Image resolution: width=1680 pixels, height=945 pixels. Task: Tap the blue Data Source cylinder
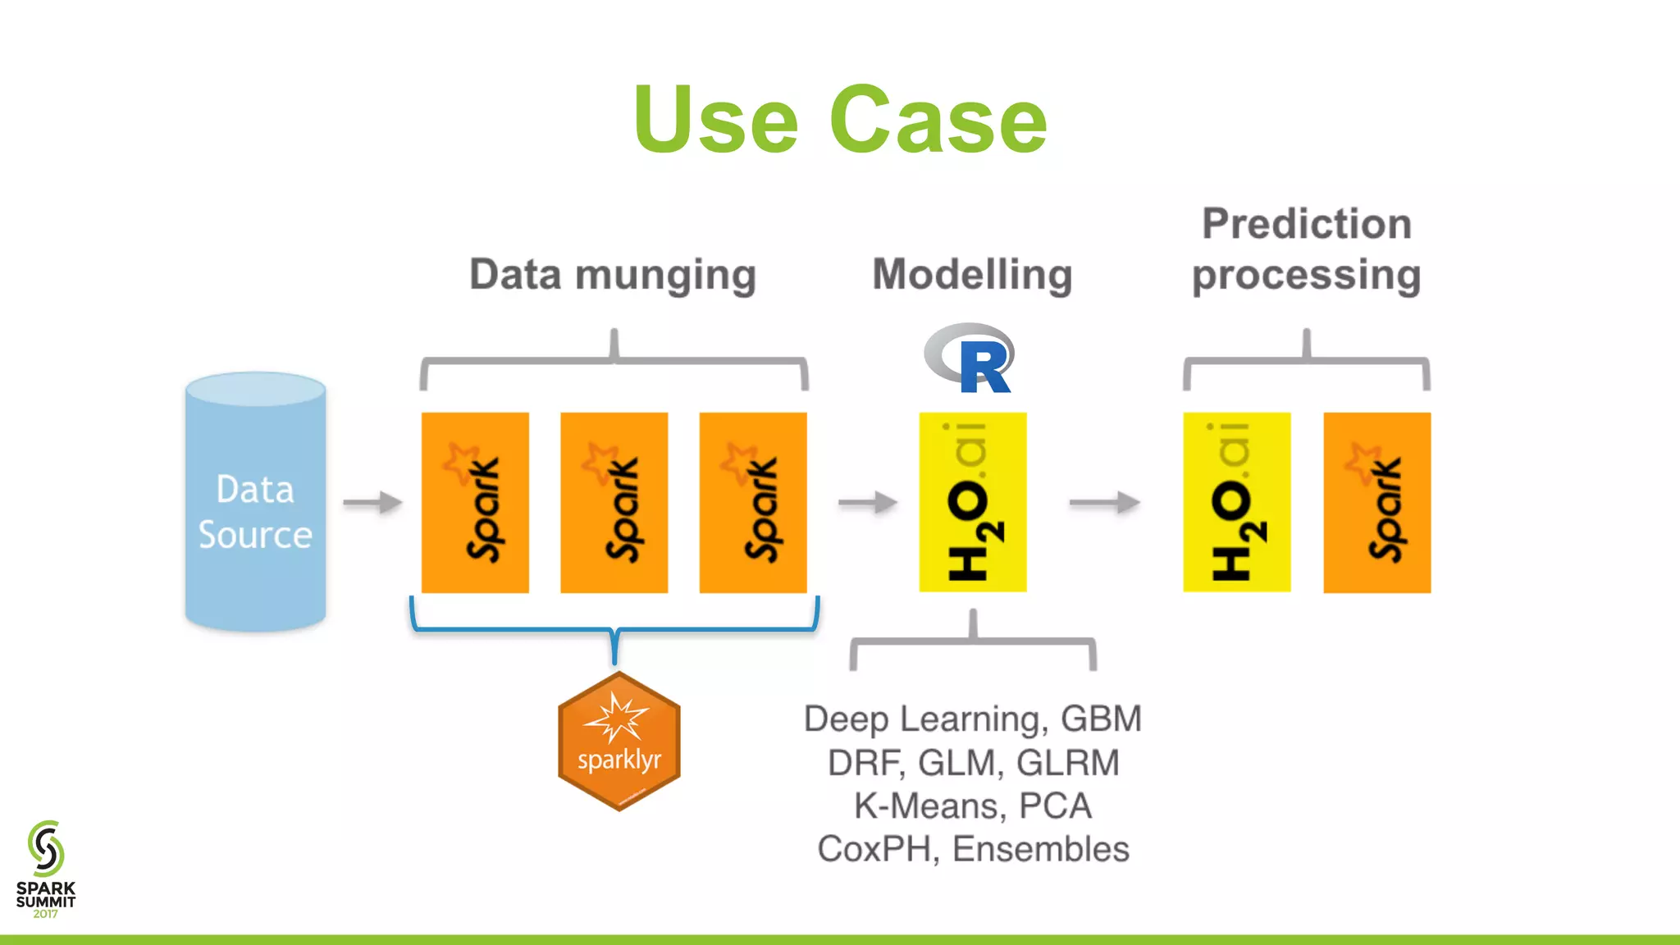pos(255,502)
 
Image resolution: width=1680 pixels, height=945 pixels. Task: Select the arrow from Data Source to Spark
pos(372,502)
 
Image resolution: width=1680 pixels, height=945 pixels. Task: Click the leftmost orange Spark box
pos(475,502)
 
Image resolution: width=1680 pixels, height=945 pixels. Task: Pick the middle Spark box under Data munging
pos(614,502)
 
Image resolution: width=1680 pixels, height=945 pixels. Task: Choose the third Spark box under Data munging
pos(752,502)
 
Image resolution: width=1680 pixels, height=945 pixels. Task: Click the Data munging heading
pos(612,275)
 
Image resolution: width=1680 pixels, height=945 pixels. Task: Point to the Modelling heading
pos(972,275)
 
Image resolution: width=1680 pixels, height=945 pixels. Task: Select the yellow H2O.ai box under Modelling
pos(972,502)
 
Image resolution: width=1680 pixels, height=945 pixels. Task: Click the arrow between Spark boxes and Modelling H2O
pos(867,502)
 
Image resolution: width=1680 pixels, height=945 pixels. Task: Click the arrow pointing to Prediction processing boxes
pos(1104,502)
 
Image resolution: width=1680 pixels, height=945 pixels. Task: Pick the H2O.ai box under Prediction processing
pos(1236,502)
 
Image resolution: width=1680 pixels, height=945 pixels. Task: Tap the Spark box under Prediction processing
pos(1376,502)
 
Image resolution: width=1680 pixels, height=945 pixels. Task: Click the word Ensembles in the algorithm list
pos(1040,849)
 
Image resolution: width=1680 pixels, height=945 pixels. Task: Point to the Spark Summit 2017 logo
pos(46,870)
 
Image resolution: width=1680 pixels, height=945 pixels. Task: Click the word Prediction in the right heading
pos(1306,224)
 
